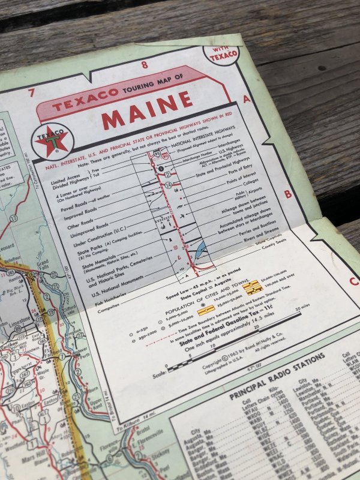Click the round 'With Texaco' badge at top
point(222,53)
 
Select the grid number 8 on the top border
point(144,66)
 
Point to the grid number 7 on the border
point(31,92)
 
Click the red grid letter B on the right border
point(287,194)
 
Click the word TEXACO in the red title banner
point(78,103)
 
